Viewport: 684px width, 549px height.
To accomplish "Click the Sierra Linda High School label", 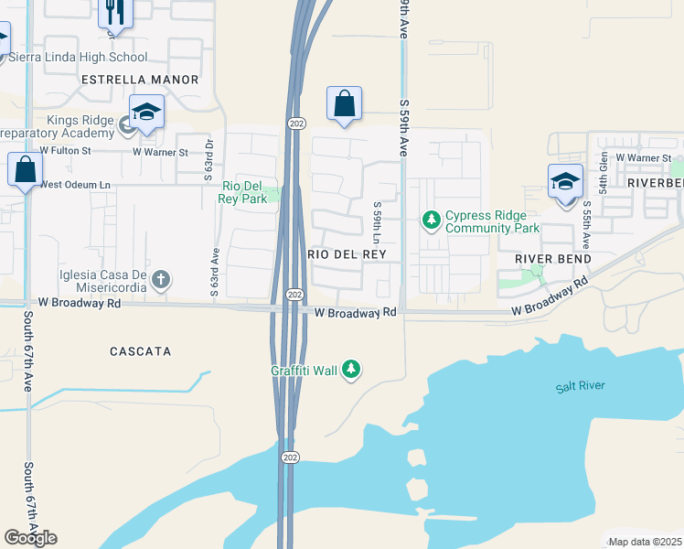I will [78, 57].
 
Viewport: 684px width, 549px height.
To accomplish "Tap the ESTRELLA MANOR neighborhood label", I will [140, 80].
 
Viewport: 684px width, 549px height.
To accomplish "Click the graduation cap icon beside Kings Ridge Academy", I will [146, 113].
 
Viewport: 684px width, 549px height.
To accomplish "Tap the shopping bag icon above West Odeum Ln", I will [25, 169].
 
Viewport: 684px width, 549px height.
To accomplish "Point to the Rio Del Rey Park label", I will [243, 192].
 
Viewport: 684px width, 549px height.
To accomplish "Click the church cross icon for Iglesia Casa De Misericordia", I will [161, 278].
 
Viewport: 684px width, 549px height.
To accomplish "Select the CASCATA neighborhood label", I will [141, 351].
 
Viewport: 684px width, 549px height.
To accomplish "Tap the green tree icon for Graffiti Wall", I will [350, 370].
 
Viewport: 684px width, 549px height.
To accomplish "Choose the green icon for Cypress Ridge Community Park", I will [431, 221].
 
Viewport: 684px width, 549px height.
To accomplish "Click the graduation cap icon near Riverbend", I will [565, 182].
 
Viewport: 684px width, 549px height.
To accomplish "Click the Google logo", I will [30, 538].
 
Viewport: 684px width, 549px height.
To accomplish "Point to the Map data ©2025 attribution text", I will [644, 542].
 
